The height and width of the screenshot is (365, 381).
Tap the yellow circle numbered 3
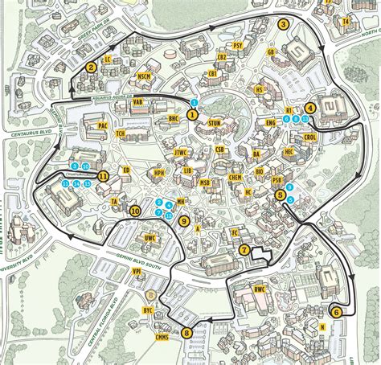283,24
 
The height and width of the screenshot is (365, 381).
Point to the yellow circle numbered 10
135,211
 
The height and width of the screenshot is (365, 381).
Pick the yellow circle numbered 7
244,250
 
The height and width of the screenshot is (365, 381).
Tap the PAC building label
103,125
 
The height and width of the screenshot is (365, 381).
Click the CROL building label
310,137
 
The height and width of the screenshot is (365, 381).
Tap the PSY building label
237,46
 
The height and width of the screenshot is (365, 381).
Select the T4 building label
346,22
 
